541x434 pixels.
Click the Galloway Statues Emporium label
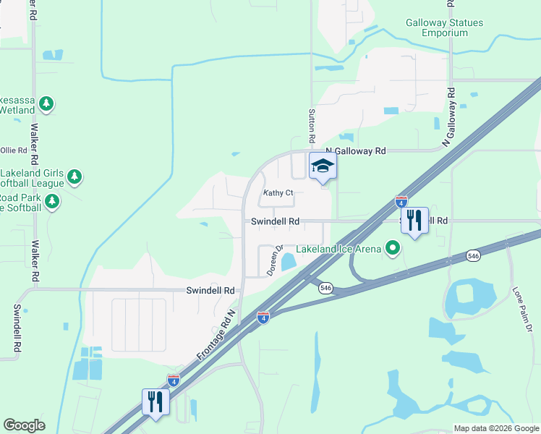coord(444,27)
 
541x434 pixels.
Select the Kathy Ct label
coord(278,193)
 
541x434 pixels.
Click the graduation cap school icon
coord(323,167)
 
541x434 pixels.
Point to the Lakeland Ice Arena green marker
coord(393,249)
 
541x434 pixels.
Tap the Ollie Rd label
coord(13,150)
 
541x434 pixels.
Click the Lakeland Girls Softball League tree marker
coord(74,176)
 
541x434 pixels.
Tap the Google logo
coord(24,425)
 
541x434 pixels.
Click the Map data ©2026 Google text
coord(495,428)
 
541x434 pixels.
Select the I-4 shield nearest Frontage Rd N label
coord(263,317)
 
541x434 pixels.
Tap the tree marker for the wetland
coord(46,104)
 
